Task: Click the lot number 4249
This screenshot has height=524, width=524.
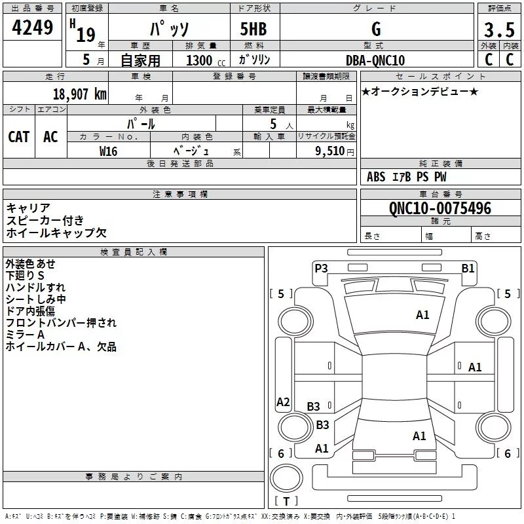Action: (32, 28)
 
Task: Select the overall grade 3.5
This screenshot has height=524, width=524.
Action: (499, 30)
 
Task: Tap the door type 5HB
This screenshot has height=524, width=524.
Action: (253, 29)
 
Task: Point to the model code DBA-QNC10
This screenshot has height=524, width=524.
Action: (375, 60)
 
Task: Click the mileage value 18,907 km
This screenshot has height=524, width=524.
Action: (79, 94)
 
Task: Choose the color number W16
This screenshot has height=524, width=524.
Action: (108, 151)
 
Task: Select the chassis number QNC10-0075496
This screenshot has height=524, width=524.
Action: (440, 208)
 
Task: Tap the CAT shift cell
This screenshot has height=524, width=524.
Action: (19, 137)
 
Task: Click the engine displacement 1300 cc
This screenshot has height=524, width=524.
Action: (206, 60)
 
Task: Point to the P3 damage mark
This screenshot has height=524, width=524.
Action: (321, 268)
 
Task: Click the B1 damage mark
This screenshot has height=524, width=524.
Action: (468, 269)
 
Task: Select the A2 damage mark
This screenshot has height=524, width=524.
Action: (283, 402)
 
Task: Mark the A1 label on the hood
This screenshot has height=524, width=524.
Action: (422, 315)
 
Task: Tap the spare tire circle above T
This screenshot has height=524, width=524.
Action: (286, 478)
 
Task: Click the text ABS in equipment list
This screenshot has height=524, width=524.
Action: (376, 177)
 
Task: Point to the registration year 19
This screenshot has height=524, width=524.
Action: (86, 35)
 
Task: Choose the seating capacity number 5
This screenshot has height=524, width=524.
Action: (273, 124)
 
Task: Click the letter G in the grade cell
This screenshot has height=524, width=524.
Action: (376, 29)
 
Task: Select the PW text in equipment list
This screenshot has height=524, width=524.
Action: (440, 177)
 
